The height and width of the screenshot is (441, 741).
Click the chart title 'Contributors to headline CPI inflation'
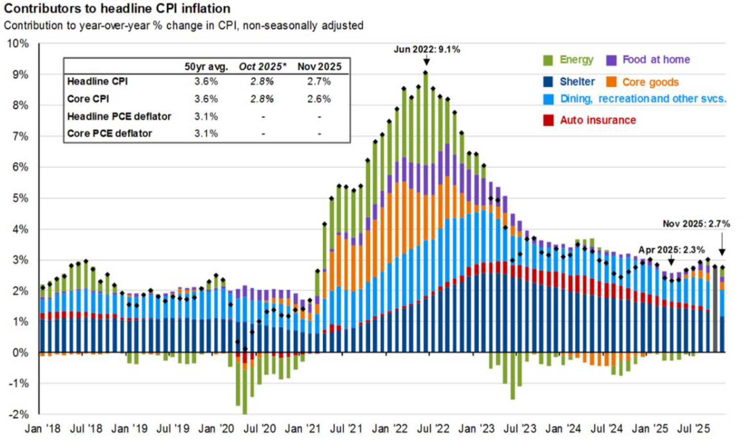tap(117, 8)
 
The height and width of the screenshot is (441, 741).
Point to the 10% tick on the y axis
tap(18, 44)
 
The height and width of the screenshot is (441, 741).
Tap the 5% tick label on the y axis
tap(20, 198)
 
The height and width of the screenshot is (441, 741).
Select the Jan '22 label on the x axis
tap(390, 429)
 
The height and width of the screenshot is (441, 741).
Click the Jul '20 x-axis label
tap(260, 429)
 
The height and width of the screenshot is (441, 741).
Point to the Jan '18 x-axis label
tap(43, 429)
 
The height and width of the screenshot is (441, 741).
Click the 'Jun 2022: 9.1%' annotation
tap(427, 49)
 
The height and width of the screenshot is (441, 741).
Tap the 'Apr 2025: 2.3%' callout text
tap(671, 250)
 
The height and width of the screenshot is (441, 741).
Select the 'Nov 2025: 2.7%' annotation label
tap(696, 224)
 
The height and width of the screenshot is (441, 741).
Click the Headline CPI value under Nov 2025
tap(319, 82)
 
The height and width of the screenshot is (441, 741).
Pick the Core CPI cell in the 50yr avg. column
tap(206, 99)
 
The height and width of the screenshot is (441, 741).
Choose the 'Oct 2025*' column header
tap(262, 66)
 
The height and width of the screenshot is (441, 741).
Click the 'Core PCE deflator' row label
tap(109, 133)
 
